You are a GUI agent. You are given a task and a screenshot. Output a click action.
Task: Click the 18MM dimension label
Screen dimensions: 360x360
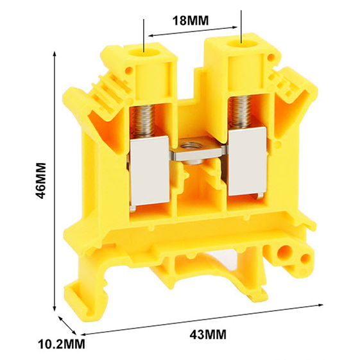[191, 21]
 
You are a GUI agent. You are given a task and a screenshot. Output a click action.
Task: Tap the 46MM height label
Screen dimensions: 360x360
[41, 180]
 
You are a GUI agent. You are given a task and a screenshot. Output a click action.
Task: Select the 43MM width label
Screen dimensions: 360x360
[208, 334]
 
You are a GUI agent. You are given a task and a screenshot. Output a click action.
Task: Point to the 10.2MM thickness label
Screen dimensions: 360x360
[62, 344]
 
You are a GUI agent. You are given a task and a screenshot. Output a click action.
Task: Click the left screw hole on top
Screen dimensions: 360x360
[144, 53]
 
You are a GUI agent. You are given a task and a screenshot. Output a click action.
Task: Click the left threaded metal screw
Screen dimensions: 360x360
[143, 121]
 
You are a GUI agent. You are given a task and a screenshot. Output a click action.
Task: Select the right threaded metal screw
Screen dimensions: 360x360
[241, 111]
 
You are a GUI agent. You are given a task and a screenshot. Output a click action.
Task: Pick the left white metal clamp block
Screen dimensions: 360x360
[150, 171]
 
